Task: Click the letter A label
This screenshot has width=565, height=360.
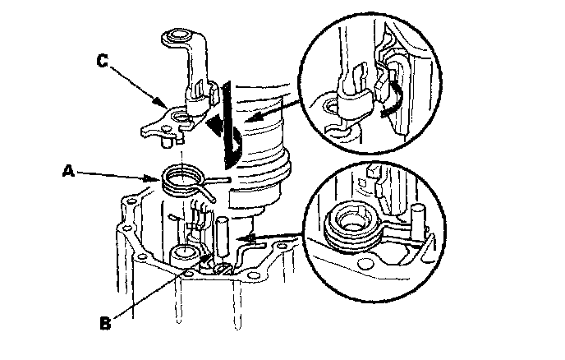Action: coord(70,172)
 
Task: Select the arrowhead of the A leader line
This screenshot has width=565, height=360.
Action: coord(158,178)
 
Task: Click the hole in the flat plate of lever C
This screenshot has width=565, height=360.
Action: coord(178,124)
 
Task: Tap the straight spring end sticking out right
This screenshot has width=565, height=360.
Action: coord(218,179)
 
